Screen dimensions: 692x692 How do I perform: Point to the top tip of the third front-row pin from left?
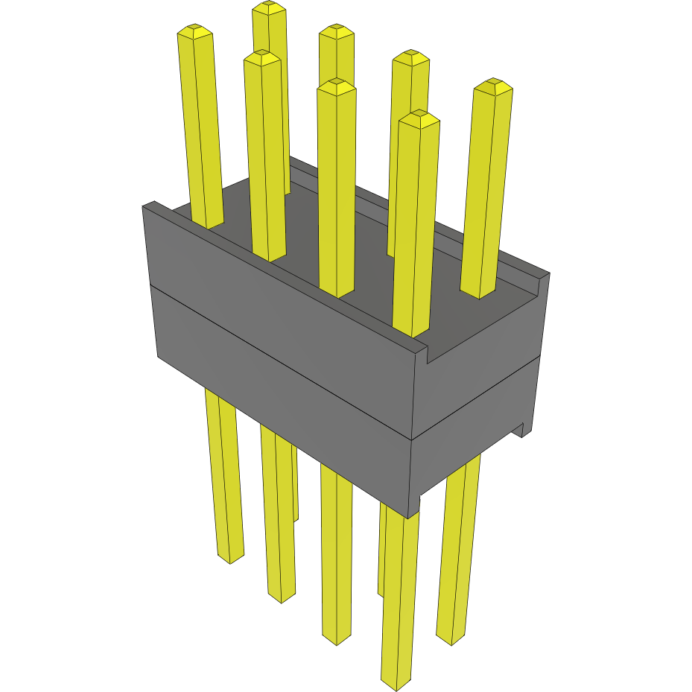pyautogui.click(x=336, y=85)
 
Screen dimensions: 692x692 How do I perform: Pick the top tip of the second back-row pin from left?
pyautogui.click(x=336, y=31)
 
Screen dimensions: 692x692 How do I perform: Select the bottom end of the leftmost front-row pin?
pyautogui.click(x=230, y=558)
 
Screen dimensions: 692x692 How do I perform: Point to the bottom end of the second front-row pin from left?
pyautogui.click(x=281, y=597)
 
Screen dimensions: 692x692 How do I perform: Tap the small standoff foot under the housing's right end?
pyautogui.click(x=524, y=429)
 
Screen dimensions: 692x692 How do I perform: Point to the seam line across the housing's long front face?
pyautogui.click(x=283, y=362)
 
